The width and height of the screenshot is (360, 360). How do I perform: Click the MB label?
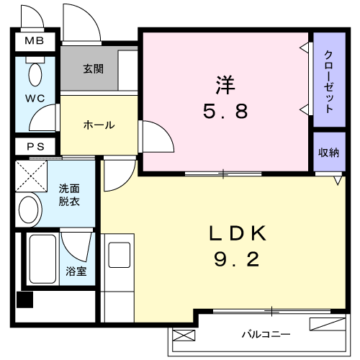[35, 40]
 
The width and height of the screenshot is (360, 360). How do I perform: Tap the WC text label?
[35, 98]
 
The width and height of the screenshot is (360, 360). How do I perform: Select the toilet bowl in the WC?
[35, 74]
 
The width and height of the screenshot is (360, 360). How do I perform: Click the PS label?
[35, 146]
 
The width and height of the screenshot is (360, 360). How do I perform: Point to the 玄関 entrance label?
[94, 69]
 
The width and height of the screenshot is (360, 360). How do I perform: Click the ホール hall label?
[99, 125]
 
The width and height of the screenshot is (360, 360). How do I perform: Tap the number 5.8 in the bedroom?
[225, 112]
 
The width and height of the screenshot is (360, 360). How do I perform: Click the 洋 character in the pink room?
[225, 85]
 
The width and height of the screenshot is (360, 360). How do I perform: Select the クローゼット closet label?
[328, 81]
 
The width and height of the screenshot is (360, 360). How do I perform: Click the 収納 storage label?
[328, 153]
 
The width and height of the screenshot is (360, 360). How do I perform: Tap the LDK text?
[238, 233]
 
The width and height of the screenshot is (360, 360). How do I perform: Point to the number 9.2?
[237, 260]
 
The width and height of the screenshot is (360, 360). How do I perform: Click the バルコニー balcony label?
[266, 334]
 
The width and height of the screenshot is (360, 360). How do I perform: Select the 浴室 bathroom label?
[76, 271]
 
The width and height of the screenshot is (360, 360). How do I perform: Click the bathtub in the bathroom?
[42, 259]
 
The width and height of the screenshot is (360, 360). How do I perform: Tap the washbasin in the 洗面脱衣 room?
[29, 210]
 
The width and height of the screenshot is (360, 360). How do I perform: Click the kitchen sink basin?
[120, 255]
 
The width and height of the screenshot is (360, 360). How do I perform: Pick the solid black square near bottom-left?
[24, 300]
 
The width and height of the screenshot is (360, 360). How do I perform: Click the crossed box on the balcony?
[184, 336]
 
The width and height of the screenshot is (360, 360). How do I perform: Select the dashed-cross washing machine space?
[31, 176]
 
